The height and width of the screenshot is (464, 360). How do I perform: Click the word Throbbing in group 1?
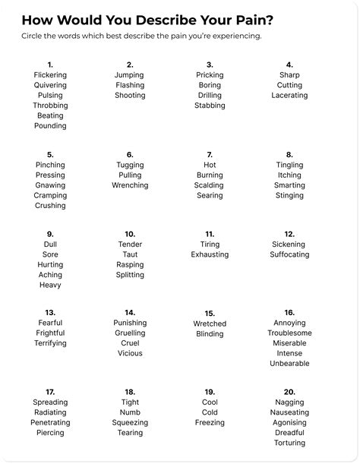point(50,106)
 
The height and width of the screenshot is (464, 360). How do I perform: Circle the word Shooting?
point(130,96)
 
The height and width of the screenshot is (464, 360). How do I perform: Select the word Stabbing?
point(210,106)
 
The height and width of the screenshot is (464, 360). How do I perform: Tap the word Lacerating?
point(289,96)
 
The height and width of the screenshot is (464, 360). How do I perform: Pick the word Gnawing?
point(50,185)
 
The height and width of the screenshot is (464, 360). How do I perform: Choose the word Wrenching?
point(130,185)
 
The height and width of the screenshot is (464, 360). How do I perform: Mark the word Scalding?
point(210,185)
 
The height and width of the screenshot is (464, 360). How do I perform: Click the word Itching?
point(289,175)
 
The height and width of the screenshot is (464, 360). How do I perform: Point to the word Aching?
point(50,275)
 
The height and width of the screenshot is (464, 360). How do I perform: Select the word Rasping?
point(130,265)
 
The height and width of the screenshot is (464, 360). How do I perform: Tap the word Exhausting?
point(210,254)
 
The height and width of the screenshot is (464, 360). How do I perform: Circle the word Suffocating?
point(289,254)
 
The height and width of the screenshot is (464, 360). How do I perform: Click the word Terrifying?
point(50,343)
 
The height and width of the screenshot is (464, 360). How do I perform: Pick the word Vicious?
point(130,353)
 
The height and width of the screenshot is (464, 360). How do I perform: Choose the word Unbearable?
point(289,364)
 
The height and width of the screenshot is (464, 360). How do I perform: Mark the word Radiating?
point(50,412)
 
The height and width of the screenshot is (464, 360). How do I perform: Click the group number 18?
point(130,392)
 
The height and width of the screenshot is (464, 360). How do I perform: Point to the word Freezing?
point(210,423)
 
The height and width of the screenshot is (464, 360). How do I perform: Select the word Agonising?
point(289,423)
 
